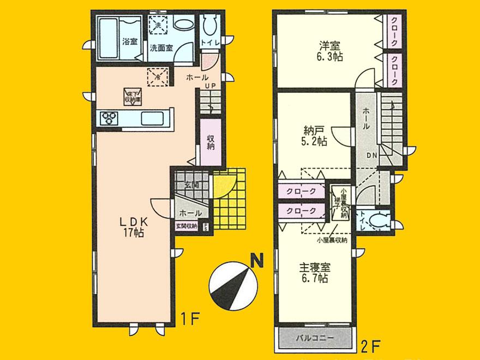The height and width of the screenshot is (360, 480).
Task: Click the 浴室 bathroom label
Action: click(129, 40)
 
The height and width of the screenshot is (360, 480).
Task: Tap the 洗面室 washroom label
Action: click(163, 47)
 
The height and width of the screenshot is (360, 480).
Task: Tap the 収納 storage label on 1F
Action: click(211, 143)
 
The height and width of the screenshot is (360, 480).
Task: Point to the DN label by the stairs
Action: click(371, 155)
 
